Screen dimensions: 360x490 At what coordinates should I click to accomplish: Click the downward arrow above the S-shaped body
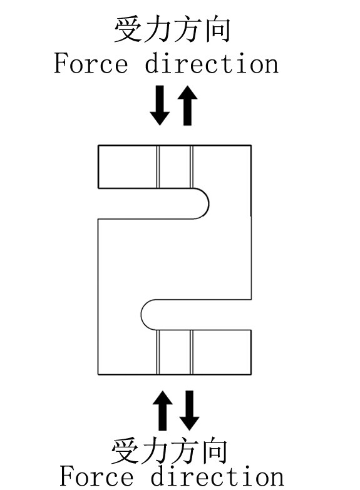(160, 105)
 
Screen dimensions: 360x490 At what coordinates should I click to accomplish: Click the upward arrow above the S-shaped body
(187, 105)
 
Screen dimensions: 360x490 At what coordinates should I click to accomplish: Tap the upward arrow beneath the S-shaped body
(163, 411)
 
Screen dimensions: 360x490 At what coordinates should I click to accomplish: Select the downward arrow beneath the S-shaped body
(189, 411)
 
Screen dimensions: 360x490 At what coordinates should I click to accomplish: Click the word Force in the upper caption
(91, 63)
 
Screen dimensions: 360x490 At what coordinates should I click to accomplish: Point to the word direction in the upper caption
(212, 63)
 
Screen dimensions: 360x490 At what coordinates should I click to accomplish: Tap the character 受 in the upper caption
(128, 29)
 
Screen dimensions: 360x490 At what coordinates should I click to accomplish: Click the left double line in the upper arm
(158, 167)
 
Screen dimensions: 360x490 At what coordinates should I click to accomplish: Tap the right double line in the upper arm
(192, 167)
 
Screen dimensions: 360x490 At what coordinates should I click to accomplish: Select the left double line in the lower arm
(158, 352)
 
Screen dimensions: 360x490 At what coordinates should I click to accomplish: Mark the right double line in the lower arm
(192, 352)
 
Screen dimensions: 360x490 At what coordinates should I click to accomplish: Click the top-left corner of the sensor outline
(98, 145)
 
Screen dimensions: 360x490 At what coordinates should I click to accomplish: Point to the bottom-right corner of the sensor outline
(251, 374)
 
